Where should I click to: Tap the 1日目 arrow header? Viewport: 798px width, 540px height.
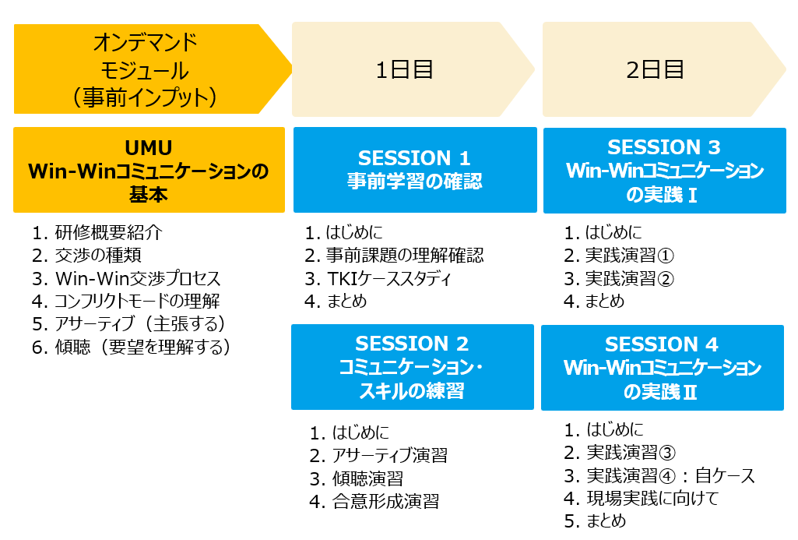tap(412, 69)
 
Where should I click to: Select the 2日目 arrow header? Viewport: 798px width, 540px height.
tap(663, 69)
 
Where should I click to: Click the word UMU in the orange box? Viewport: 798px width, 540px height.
tap(149, 148)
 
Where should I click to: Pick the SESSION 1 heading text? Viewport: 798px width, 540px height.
tap(413, 158)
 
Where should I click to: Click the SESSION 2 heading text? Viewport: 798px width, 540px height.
tap(412, 344)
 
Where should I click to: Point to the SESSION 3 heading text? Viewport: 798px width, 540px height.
tap(663, 147)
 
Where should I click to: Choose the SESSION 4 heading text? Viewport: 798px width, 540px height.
tap(661, 344)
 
